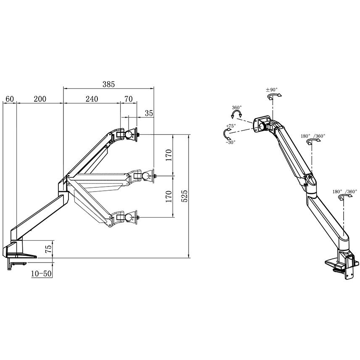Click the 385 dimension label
coord(108,84)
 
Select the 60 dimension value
coord(10,99)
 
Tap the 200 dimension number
coord(40,99)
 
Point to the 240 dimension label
coord(92,99)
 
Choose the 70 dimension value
coord(129,99)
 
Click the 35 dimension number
coord(149,113)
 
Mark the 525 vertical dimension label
coord(184,196)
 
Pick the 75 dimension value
coord(48,249)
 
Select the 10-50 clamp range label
coord(41,273)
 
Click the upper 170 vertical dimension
coord(169,155)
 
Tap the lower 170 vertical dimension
coord(169,196)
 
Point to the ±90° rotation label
coord(272,89)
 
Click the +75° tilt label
coord(231,126)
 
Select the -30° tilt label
coord(231,142)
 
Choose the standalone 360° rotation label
coord(236,108)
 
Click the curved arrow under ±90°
coord(274,95)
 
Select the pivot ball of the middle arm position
coord(145,176)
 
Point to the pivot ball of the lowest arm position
coord(129,217)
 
